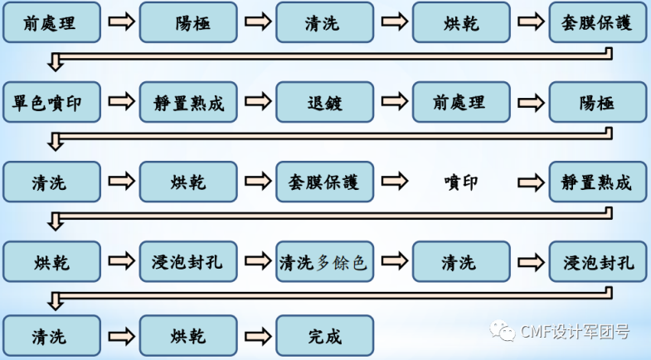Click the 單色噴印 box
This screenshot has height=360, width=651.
[x=51, y=103]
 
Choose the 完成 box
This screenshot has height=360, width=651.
[x=324, y=336]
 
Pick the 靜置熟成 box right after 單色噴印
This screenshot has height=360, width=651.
[x=188, y=103]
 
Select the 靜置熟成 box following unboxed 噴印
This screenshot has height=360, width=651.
[x=597, y=182]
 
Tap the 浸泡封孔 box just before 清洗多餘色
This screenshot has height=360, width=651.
[x=188, y=263]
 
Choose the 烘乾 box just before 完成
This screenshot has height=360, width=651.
[x=188, y=336]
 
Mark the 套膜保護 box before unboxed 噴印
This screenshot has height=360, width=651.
[x=324, y=182]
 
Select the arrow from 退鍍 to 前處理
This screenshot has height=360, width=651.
[x=393, y=103]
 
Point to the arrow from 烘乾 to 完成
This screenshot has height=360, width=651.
[x=257, y=336]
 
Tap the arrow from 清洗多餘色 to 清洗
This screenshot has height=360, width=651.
[x=393, y=263]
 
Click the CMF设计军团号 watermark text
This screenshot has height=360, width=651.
[x=575, y=333]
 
